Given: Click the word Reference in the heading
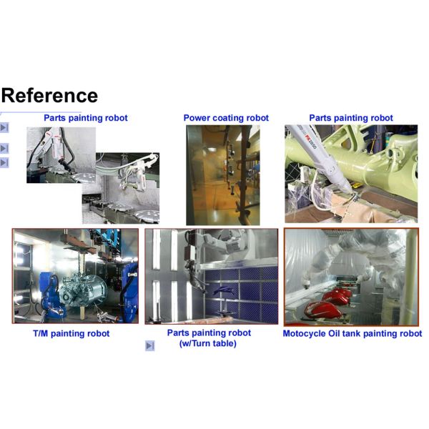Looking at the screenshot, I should click(x=49, y=95).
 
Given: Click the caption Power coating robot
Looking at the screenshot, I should click(x=226, y=118).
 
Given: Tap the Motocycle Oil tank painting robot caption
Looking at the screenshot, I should click(x=352, y=333).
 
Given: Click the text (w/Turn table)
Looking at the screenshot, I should click(x=209, y=343).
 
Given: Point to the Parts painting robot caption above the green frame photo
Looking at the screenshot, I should click(x=350, y=118).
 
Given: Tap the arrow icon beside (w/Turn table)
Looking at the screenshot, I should click(x=150, y=346).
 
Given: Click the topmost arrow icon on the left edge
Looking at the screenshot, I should click(x=4, y=128).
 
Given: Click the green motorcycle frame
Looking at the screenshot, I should click(x=357, y=164).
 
